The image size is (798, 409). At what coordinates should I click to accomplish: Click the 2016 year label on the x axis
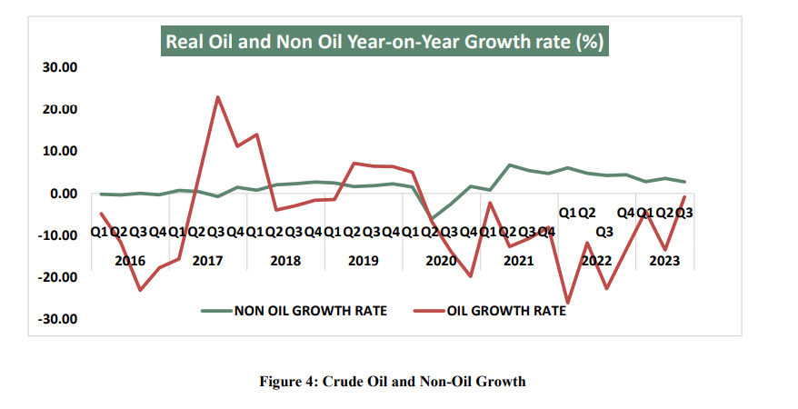130,260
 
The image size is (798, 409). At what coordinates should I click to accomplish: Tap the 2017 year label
208,260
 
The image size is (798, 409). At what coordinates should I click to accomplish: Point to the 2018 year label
285,260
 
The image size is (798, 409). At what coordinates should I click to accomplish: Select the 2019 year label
363,260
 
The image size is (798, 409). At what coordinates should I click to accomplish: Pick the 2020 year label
441,260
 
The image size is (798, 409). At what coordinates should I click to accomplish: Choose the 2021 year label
518,260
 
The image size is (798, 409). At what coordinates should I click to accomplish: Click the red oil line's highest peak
217,96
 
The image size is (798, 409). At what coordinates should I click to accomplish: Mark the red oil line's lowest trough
568,303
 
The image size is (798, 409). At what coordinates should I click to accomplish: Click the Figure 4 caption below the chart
393,382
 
